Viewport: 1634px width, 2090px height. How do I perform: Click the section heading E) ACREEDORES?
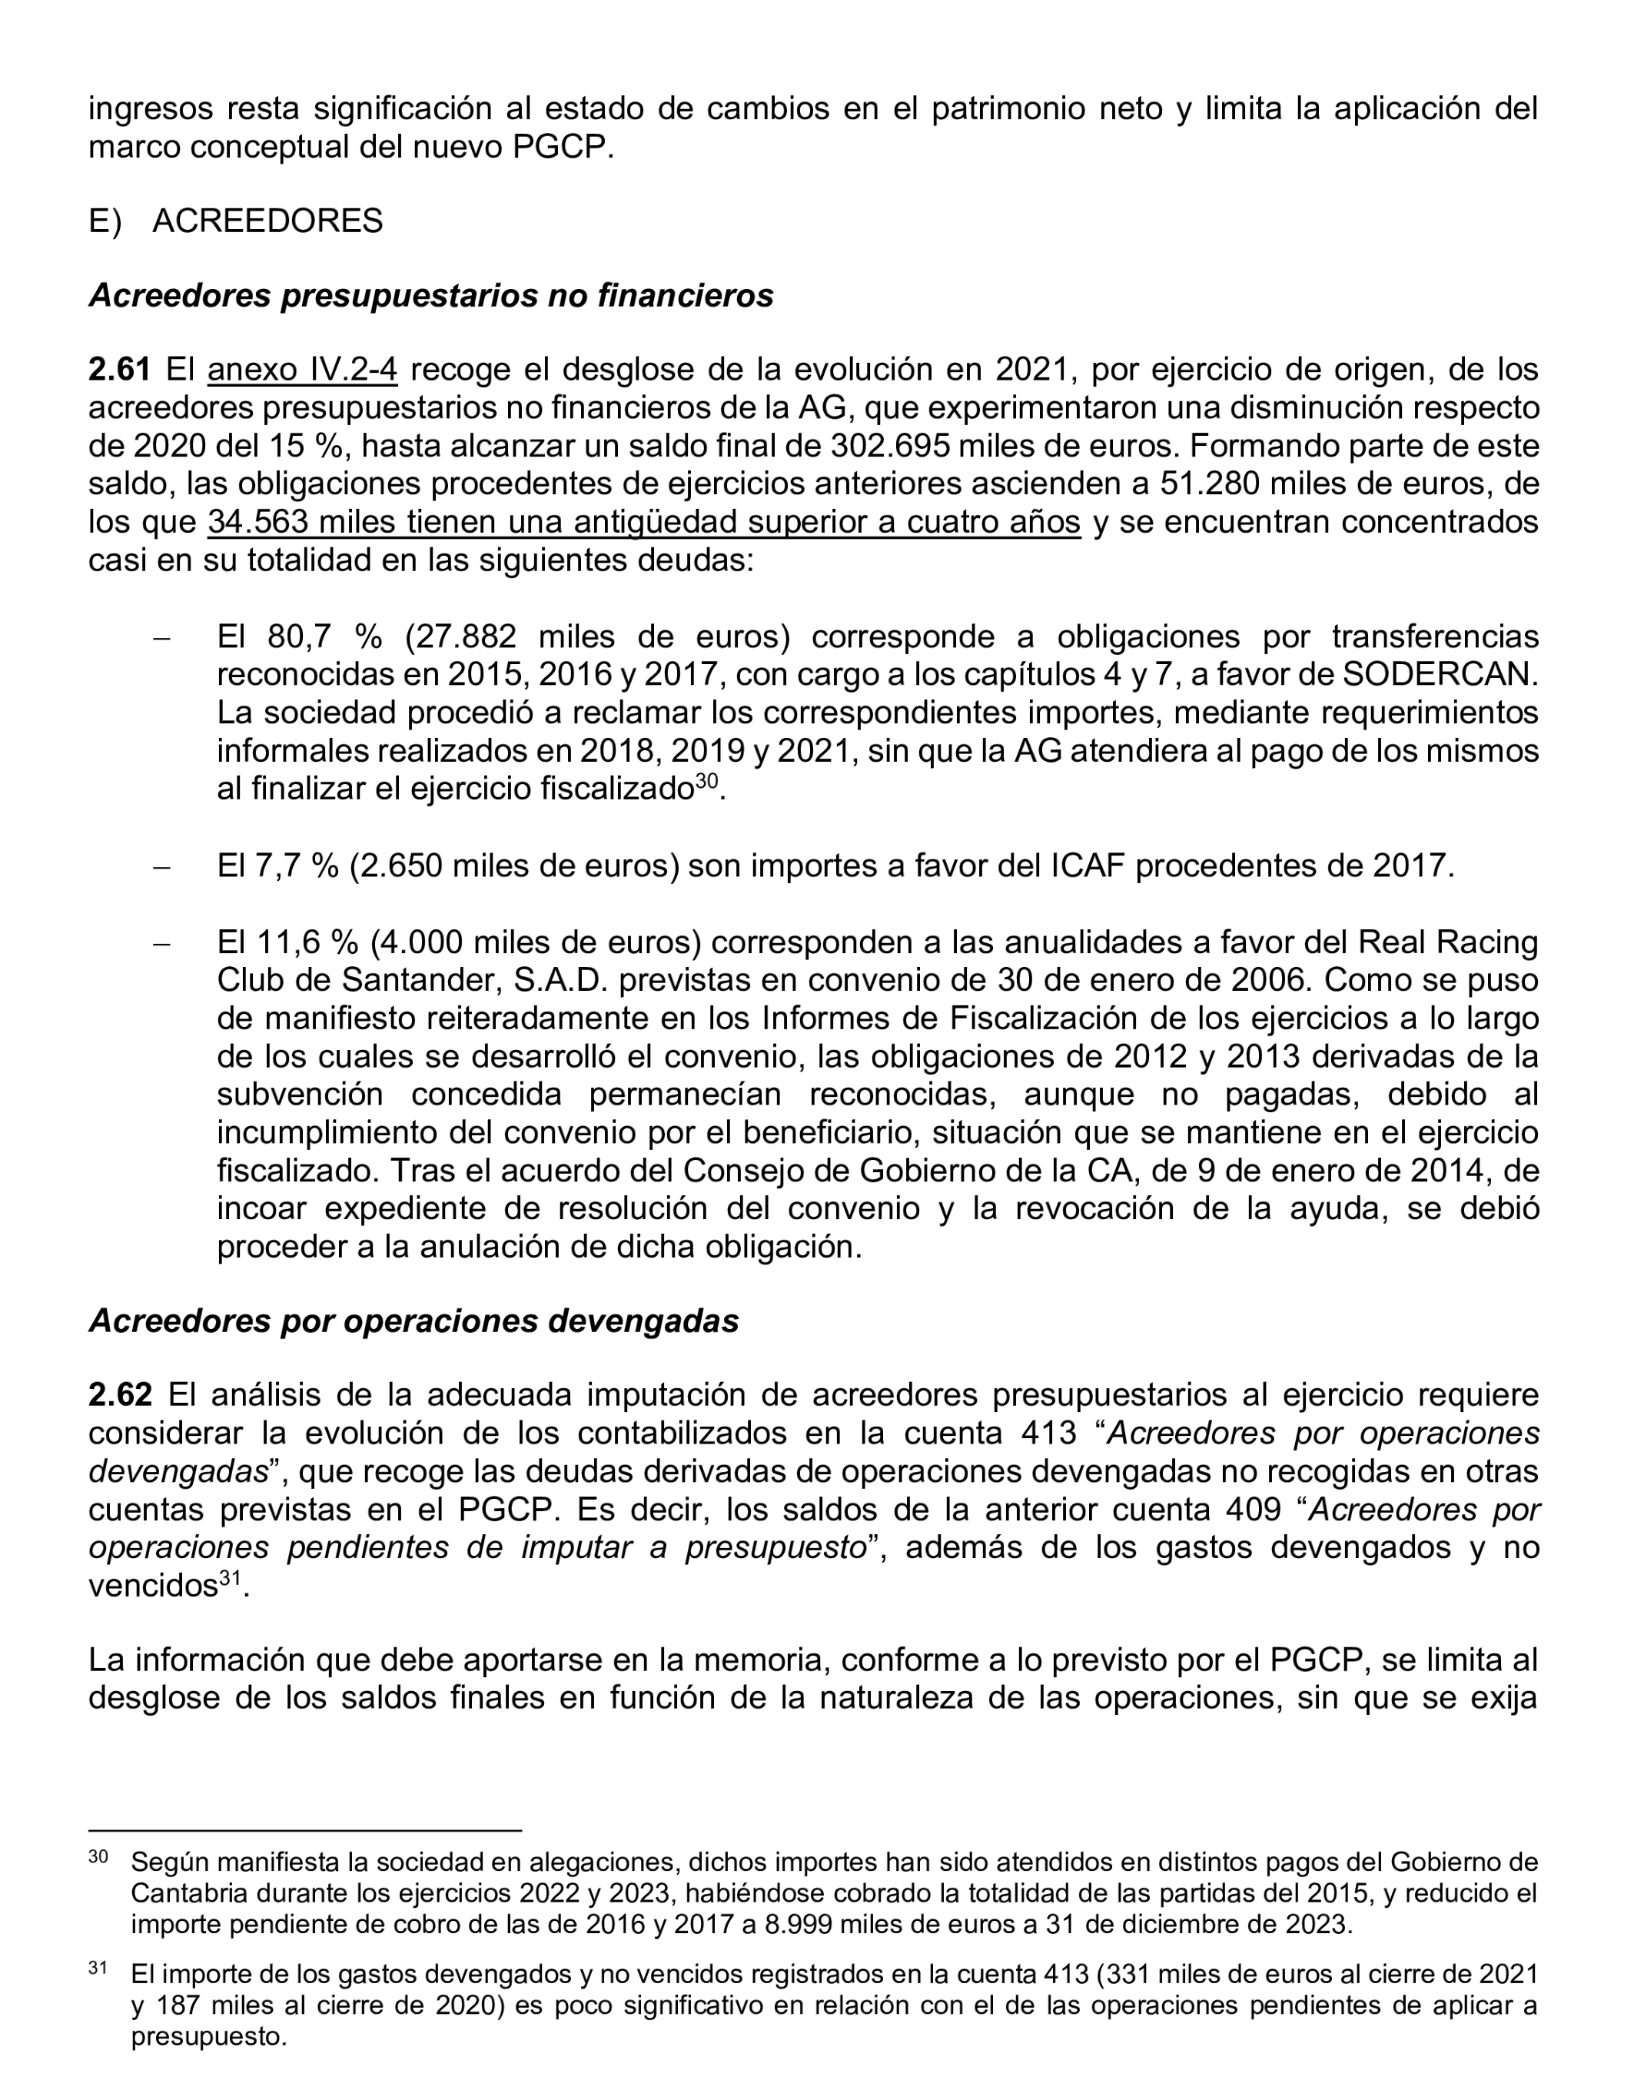tap(235, 221)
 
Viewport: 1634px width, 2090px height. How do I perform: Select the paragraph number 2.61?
tap(120, 370)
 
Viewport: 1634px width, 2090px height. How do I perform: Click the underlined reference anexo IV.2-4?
tap(302, 370)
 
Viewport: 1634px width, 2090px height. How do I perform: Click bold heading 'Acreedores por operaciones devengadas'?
tap(413, 1321)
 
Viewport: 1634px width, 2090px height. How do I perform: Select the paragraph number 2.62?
tap(120, 1394)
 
